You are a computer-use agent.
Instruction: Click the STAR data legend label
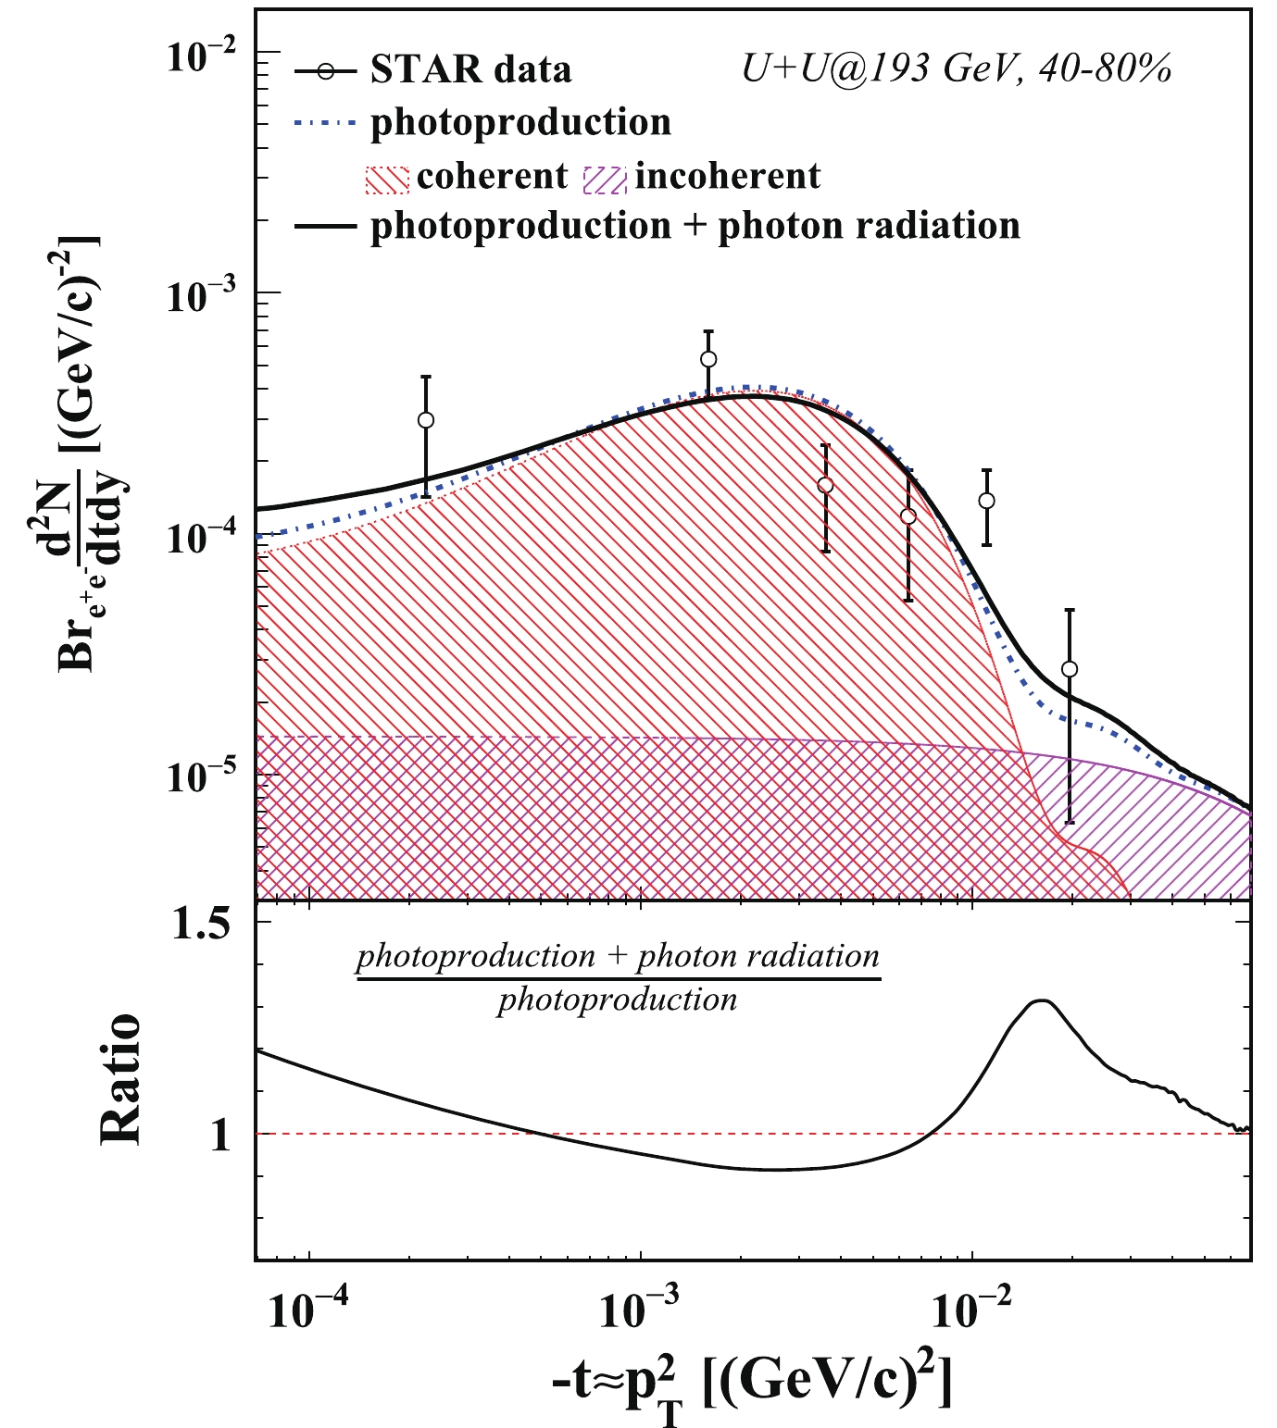click(x=470, y=70)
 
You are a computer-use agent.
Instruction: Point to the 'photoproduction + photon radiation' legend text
click(x=695, y=226)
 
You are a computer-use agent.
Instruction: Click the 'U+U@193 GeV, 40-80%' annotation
click(x=957, y=69)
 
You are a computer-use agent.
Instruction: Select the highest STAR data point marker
click(x=708, y=359)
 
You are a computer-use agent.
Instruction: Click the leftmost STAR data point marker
click(x=426, y=420)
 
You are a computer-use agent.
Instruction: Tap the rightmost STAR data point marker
click(x=1070, y=669)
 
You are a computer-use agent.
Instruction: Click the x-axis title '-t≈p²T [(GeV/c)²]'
click(x=750, y=1385)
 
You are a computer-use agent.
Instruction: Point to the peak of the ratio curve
click(x=1043, y=1000)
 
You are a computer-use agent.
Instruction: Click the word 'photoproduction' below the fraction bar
click(x=618, y=1000)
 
